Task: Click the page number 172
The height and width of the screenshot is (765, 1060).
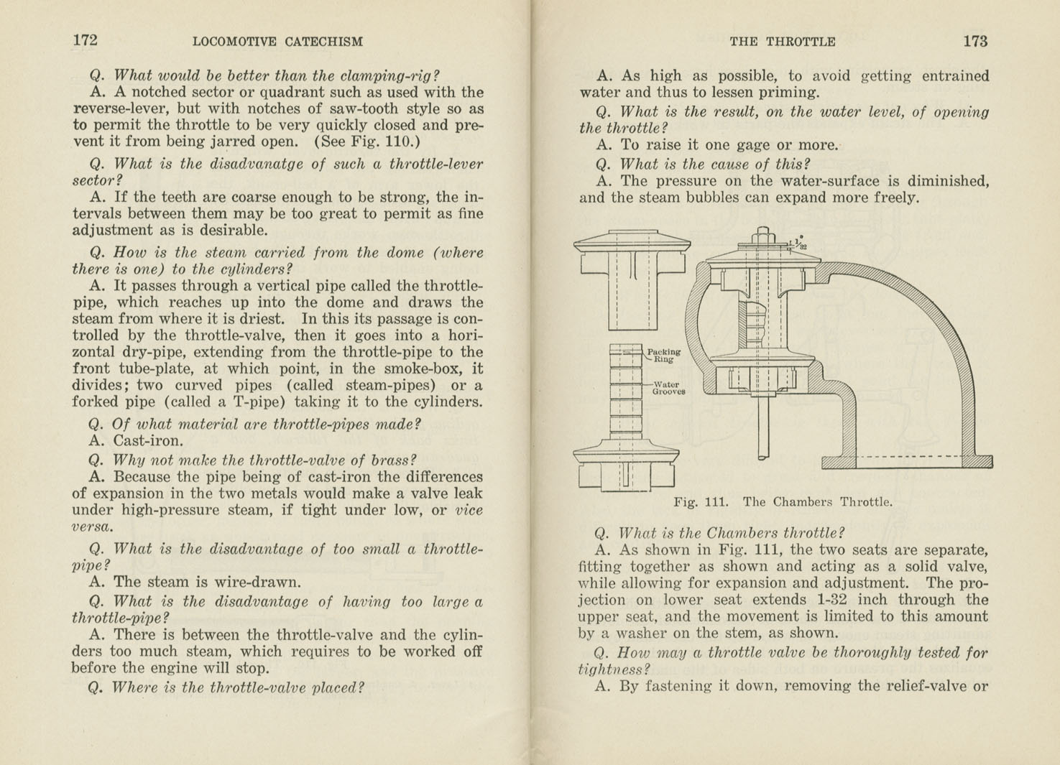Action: pyautogui.click(x=85, y=40)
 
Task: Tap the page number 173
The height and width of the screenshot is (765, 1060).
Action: pyautogui.click(x=975, y=41)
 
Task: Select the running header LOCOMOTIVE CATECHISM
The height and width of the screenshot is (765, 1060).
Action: pyautogui.click(x=277, y=42)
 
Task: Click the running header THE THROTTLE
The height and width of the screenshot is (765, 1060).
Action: pyautogui.click(x=782, y=42)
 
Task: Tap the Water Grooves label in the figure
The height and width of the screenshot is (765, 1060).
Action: pyautogui.click(x=668, y=388)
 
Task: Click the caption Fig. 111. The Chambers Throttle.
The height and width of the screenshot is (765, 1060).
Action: pyautogui.click(x=783, y=502)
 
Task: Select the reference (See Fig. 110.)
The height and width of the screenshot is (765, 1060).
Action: pyautogui.click(x=367, y=142)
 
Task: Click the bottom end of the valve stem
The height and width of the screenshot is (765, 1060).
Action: pyautogui.click(x=763, y=455)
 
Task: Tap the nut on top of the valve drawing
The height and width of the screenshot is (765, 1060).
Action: pyautogui.click(x=763, y=235)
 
